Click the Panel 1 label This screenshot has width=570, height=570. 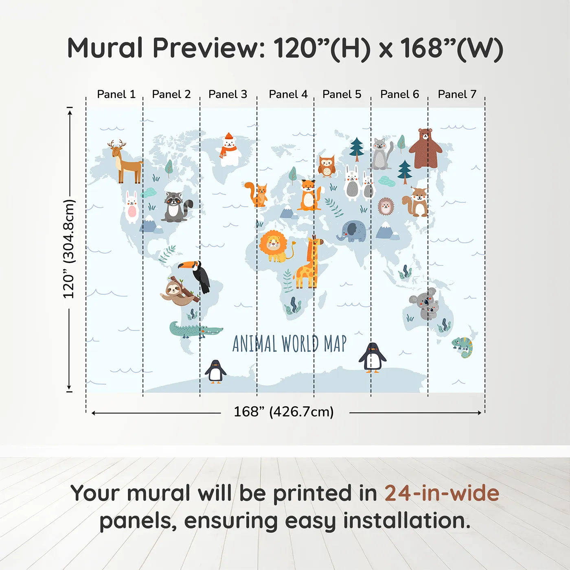[116, 94]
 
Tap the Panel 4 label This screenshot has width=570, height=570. [288, 94]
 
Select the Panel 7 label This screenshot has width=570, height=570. [457, 94]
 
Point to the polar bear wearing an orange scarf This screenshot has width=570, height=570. [230, 150]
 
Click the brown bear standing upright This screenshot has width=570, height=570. [425, 148]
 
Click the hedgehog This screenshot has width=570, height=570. [386, 206]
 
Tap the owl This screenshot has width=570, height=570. [326, 166]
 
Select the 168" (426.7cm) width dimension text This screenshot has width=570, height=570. [283, 412]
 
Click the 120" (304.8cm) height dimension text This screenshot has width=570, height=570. [69, 249]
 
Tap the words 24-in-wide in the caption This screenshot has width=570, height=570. [441, 493]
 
